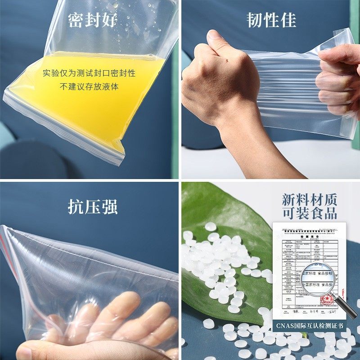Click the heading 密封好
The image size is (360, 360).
(x=93, y=21)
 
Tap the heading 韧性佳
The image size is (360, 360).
(x=271, y=21)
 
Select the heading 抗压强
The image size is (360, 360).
(x=93, y=207)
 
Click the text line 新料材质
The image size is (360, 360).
(x=309, y=200)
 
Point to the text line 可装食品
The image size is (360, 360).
(x=309, y=213)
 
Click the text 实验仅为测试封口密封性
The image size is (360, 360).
(x=89, y=73)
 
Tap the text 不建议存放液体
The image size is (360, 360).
(x=89, y=86)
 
